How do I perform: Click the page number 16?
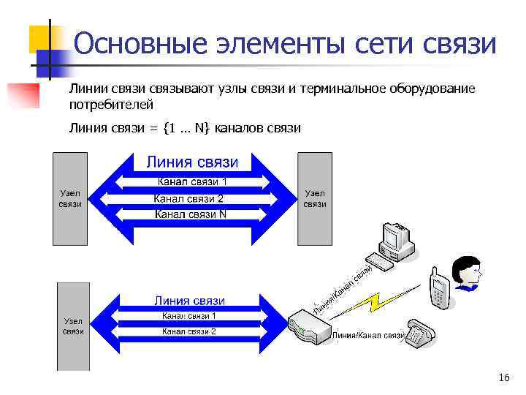(x=503, y=377)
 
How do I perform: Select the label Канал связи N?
(x=190, y=214)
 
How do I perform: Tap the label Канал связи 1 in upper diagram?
(x=193, y=181)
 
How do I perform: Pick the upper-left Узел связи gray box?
(x=70, y=198)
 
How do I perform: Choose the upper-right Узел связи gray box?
(x=315, y=198)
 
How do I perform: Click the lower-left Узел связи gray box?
(x=73, y=326)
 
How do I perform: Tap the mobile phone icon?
(x=438, y=288)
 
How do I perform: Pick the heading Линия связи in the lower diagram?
(x=189, y=301)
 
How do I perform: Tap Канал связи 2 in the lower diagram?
(x=189, y=331)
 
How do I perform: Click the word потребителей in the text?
(x=104, y=105)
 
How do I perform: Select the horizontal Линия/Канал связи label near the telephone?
(x=369, y=336)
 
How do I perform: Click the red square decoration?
(x=22, y=95)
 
